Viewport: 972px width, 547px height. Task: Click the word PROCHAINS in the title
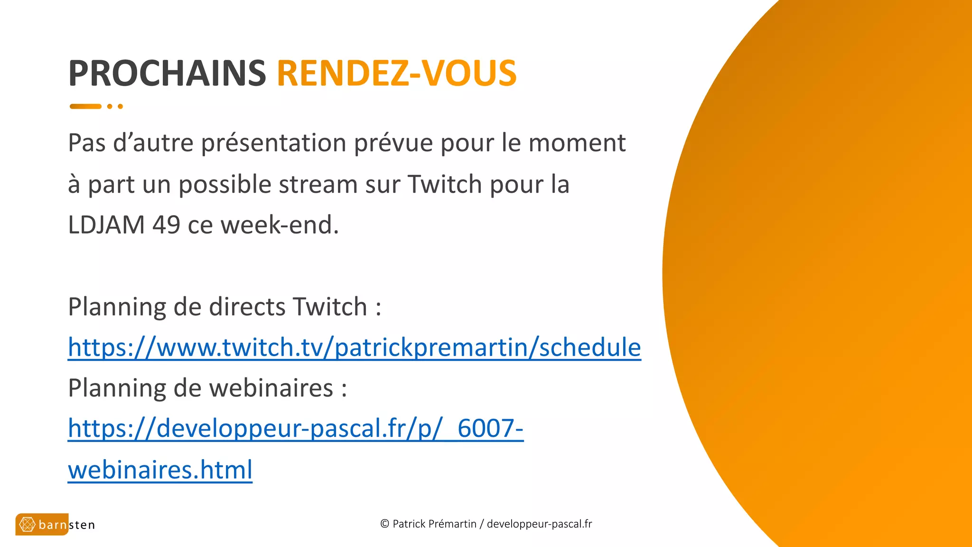tap(167, 74)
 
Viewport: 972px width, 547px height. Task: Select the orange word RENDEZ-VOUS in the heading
tap(397, 74)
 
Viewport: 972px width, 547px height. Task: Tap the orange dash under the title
tap(85, 106)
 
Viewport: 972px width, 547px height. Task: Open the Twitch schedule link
tap(354, 348)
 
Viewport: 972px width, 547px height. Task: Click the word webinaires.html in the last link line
tap(160, 470)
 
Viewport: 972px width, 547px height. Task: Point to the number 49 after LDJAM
tap(166, 225)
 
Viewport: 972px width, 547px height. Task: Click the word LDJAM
tap(106, 225)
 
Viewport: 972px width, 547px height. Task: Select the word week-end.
tap(280, 225)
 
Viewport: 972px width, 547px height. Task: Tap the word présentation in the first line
tap(274, 143)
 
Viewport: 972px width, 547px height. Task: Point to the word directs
tap(247, 307)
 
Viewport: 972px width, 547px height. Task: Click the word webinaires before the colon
tap(271, 388)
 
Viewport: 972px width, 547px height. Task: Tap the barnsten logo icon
tap(27, 525)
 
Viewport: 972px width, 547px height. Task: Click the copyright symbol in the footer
tap(385, 524)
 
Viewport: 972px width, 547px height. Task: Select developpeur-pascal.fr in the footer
tap(539, 524)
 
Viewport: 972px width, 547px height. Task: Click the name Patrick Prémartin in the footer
tap(434, 524)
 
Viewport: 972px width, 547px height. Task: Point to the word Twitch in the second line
tap(445, 184)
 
